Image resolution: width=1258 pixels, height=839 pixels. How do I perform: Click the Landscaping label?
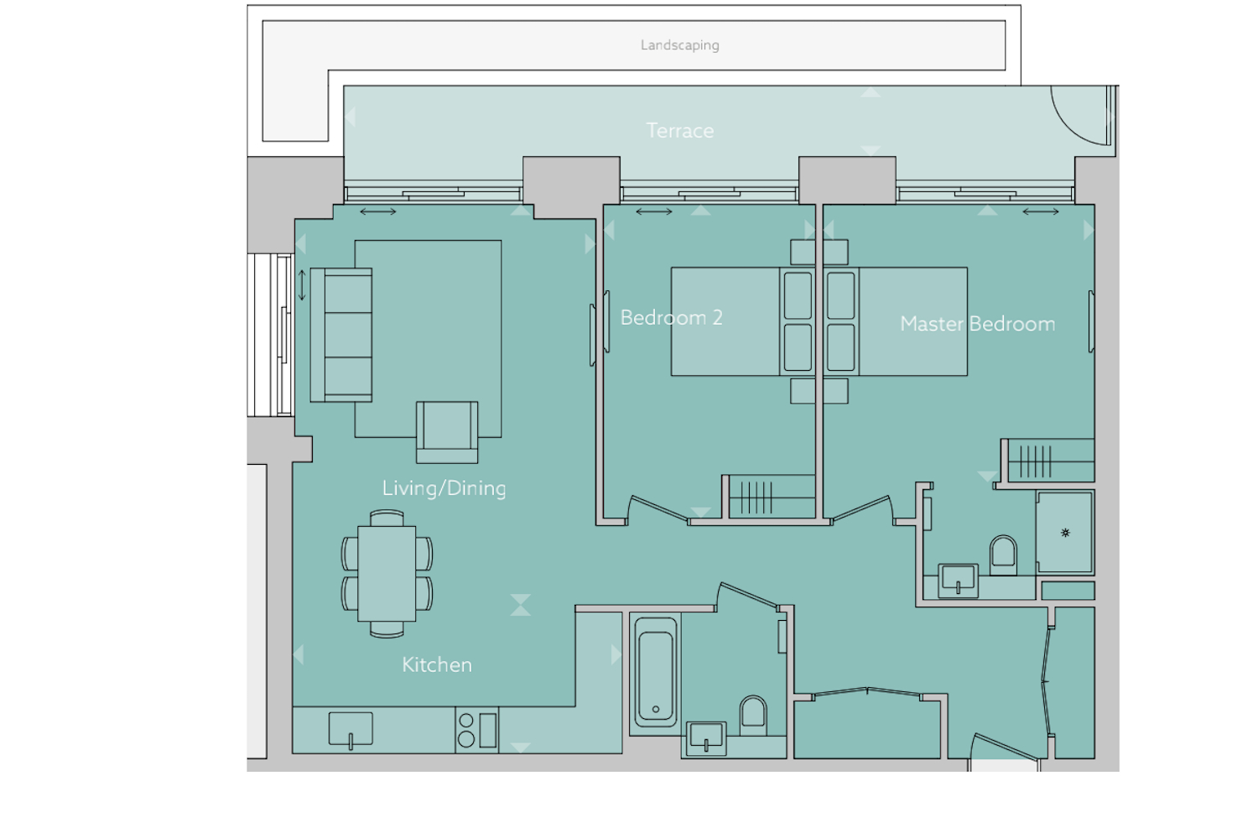[x=679, y=45]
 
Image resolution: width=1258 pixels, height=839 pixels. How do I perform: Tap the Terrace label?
[x=680, y=131]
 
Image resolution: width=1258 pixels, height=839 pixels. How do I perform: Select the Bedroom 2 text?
[x=671, y=317]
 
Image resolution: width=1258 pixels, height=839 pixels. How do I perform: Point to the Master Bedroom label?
[x=977, y=324]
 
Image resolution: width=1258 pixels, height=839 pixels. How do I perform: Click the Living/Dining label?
[x=444, y=487]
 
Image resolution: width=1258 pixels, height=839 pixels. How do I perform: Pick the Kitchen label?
[x=437, y=664]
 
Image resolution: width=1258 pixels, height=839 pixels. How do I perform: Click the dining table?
[x=387, y=574]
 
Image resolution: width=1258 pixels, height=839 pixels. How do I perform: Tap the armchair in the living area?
[x=447, y=432]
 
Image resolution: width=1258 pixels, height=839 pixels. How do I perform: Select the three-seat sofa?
[x=341, y=335]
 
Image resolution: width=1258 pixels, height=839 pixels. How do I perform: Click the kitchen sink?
[x=351, y=730]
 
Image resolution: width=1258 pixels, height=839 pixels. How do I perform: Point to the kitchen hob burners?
[x=466, y=730]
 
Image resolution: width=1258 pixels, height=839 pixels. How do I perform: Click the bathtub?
[x=655, y=673]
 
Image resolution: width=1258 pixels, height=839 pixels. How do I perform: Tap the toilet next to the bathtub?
[x=753, y=716]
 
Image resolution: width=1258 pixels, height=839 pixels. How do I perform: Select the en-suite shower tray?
[x=1065, y=532]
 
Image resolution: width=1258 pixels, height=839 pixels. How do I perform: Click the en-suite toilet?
[x=1003, y=555]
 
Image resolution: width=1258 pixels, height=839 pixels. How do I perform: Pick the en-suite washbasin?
[x=958, y=580]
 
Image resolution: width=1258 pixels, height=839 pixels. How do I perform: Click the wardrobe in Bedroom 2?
[x=769, y=496]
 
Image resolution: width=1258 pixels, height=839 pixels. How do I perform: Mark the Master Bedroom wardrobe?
[x=1048, y=461]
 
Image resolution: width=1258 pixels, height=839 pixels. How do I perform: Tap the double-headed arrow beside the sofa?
[x=302, y=285]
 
